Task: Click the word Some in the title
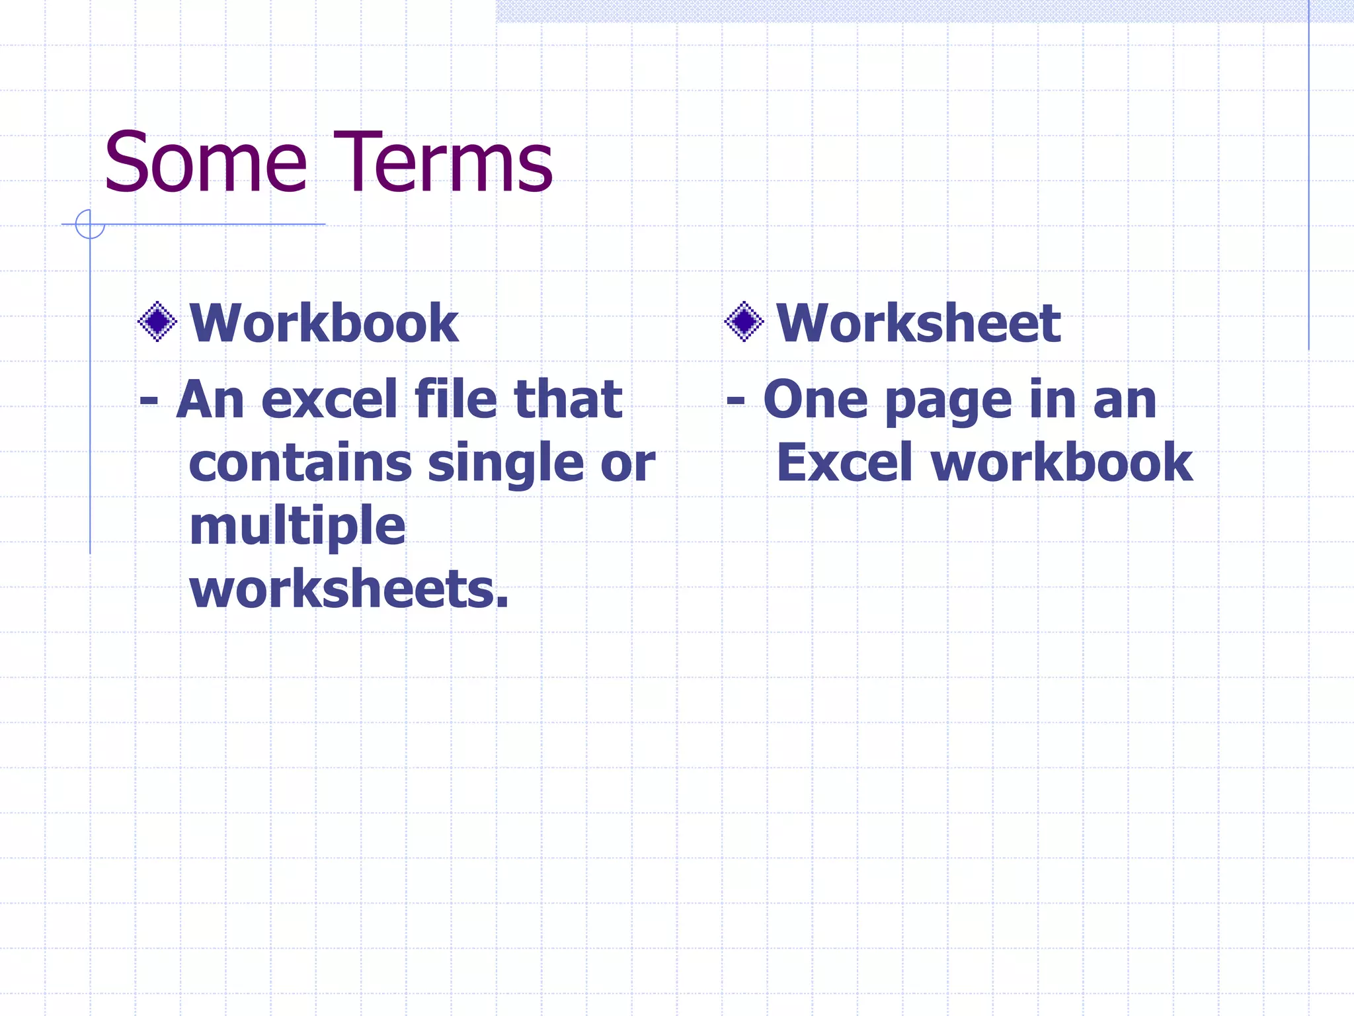coord(206,163)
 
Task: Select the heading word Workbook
coord(324,323)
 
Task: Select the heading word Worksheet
coord(918,323)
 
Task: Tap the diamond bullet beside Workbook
coord(157,322)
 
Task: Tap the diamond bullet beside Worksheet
coord(744,322)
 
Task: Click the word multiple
coord(298,527)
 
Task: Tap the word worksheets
coord(348,589)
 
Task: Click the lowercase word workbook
coord(1062,463)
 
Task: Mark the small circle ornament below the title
coord(90,224)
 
